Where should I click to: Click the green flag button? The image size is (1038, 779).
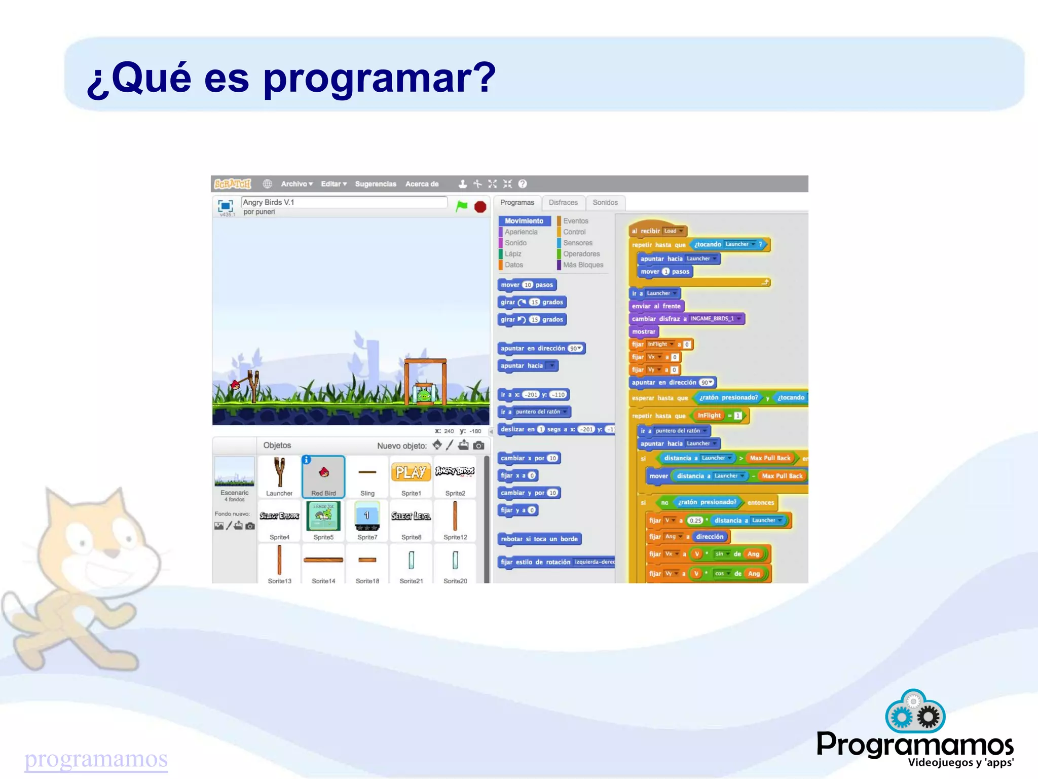pos(461,206)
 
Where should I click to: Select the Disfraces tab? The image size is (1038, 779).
pos(563,203)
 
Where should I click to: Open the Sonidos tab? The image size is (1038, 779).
pos(605,203)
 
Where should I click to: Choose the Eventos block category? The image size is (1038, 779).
pos(575,221)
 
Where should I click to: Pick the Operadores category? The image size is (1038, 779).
pos(581,254)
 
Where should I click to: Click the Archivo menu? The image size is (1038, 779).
pos(296,184)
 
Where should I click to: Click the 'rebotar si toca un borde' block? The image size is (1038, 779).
pos(539,539)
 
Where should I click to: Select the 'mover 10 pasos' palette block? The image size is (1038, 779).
pos(527,285)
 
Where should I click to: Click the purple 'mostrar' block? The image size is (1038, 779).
pos(644,331)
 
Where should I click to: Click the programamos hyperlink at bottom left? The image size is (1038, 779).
pos(96,759)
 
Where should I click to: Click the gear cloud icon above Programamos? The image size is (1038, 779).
pos(915,712)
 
